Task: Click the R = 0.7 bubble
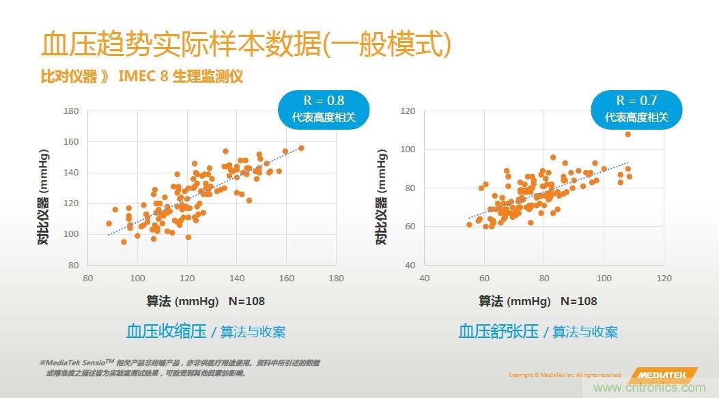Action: coord(636,109)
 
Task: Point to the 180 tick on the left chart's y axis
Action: coord(72,111)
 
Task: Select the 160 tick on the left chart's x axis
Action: coord(287,279)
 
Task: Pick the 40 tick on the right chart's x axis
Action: coord(424,279)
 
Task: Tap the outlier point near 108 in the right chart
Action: coord(628,134)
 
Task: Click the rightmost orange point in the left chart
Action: coord(301,148)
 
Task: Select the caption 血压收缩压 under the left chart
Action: coord(166,332)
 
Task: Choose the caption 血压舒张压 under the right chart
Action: coord(498,332)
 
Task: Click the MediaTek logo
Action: coord(663,375)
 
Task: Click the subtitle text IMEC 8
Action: coord(143,76)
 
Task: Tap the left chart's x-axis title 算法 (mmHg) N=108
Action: coord(206,301)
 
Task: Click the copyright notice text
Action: coord(564,375)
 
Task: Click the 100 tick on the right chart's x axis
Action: coord(604,279)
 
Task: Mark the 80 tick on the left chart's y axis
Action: coord(74,265)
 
